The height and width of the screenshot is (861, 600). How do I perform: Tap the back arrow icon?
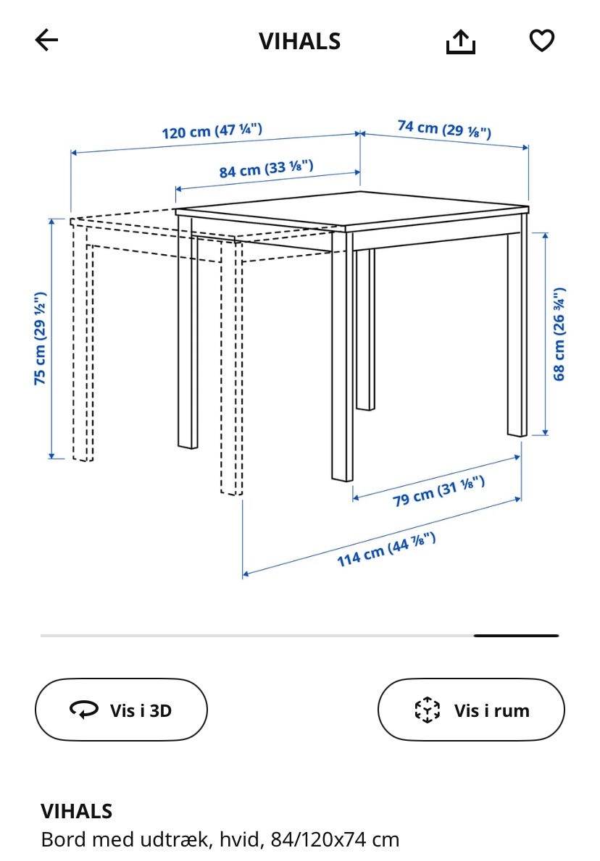click(x=46, y=40)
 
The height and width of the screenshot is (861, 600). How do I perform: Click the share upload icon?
click(x=460, y=42)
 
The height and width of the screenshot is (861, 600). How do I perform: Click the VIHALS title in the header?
click(x=300, y=41)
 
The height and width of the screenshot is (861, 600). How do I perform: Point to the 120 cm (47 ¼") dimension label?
click(x=212, y=131)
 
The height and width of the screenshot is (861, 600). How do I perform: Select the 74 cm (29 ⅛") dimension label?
click(x=444, y=129)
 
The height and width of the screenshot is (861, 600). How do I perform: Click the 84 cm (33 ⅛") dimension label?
click(x=267, y=169)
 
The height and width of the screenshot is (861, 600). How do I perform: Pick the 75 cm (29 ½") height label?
click(x=40, y=338)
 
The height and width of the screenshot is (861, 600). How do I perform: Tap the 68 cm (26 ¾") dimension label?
click(x=558, y=334)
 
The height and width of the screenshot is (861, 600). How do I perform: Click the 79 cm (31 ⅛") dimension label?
click(x=438, y=492)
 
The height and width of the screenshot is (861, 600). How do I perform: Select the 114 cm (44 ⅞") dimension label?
click(x=386, y=549)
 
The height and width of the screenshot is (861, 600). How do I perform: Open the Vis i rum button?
click(x=471, y=710)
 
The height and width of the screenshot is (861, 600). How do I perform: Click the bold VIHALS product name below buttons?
click(x=76, y=811)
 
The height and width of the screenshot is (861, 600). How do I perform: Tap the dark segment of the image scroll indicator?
click(x=517, y=635)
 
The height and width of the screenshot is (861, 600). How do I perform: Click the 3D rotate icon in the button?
click(x=84, y=710)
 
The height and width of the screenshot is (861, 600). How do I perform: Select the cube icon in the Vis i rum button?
click(x=427, y=710)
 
